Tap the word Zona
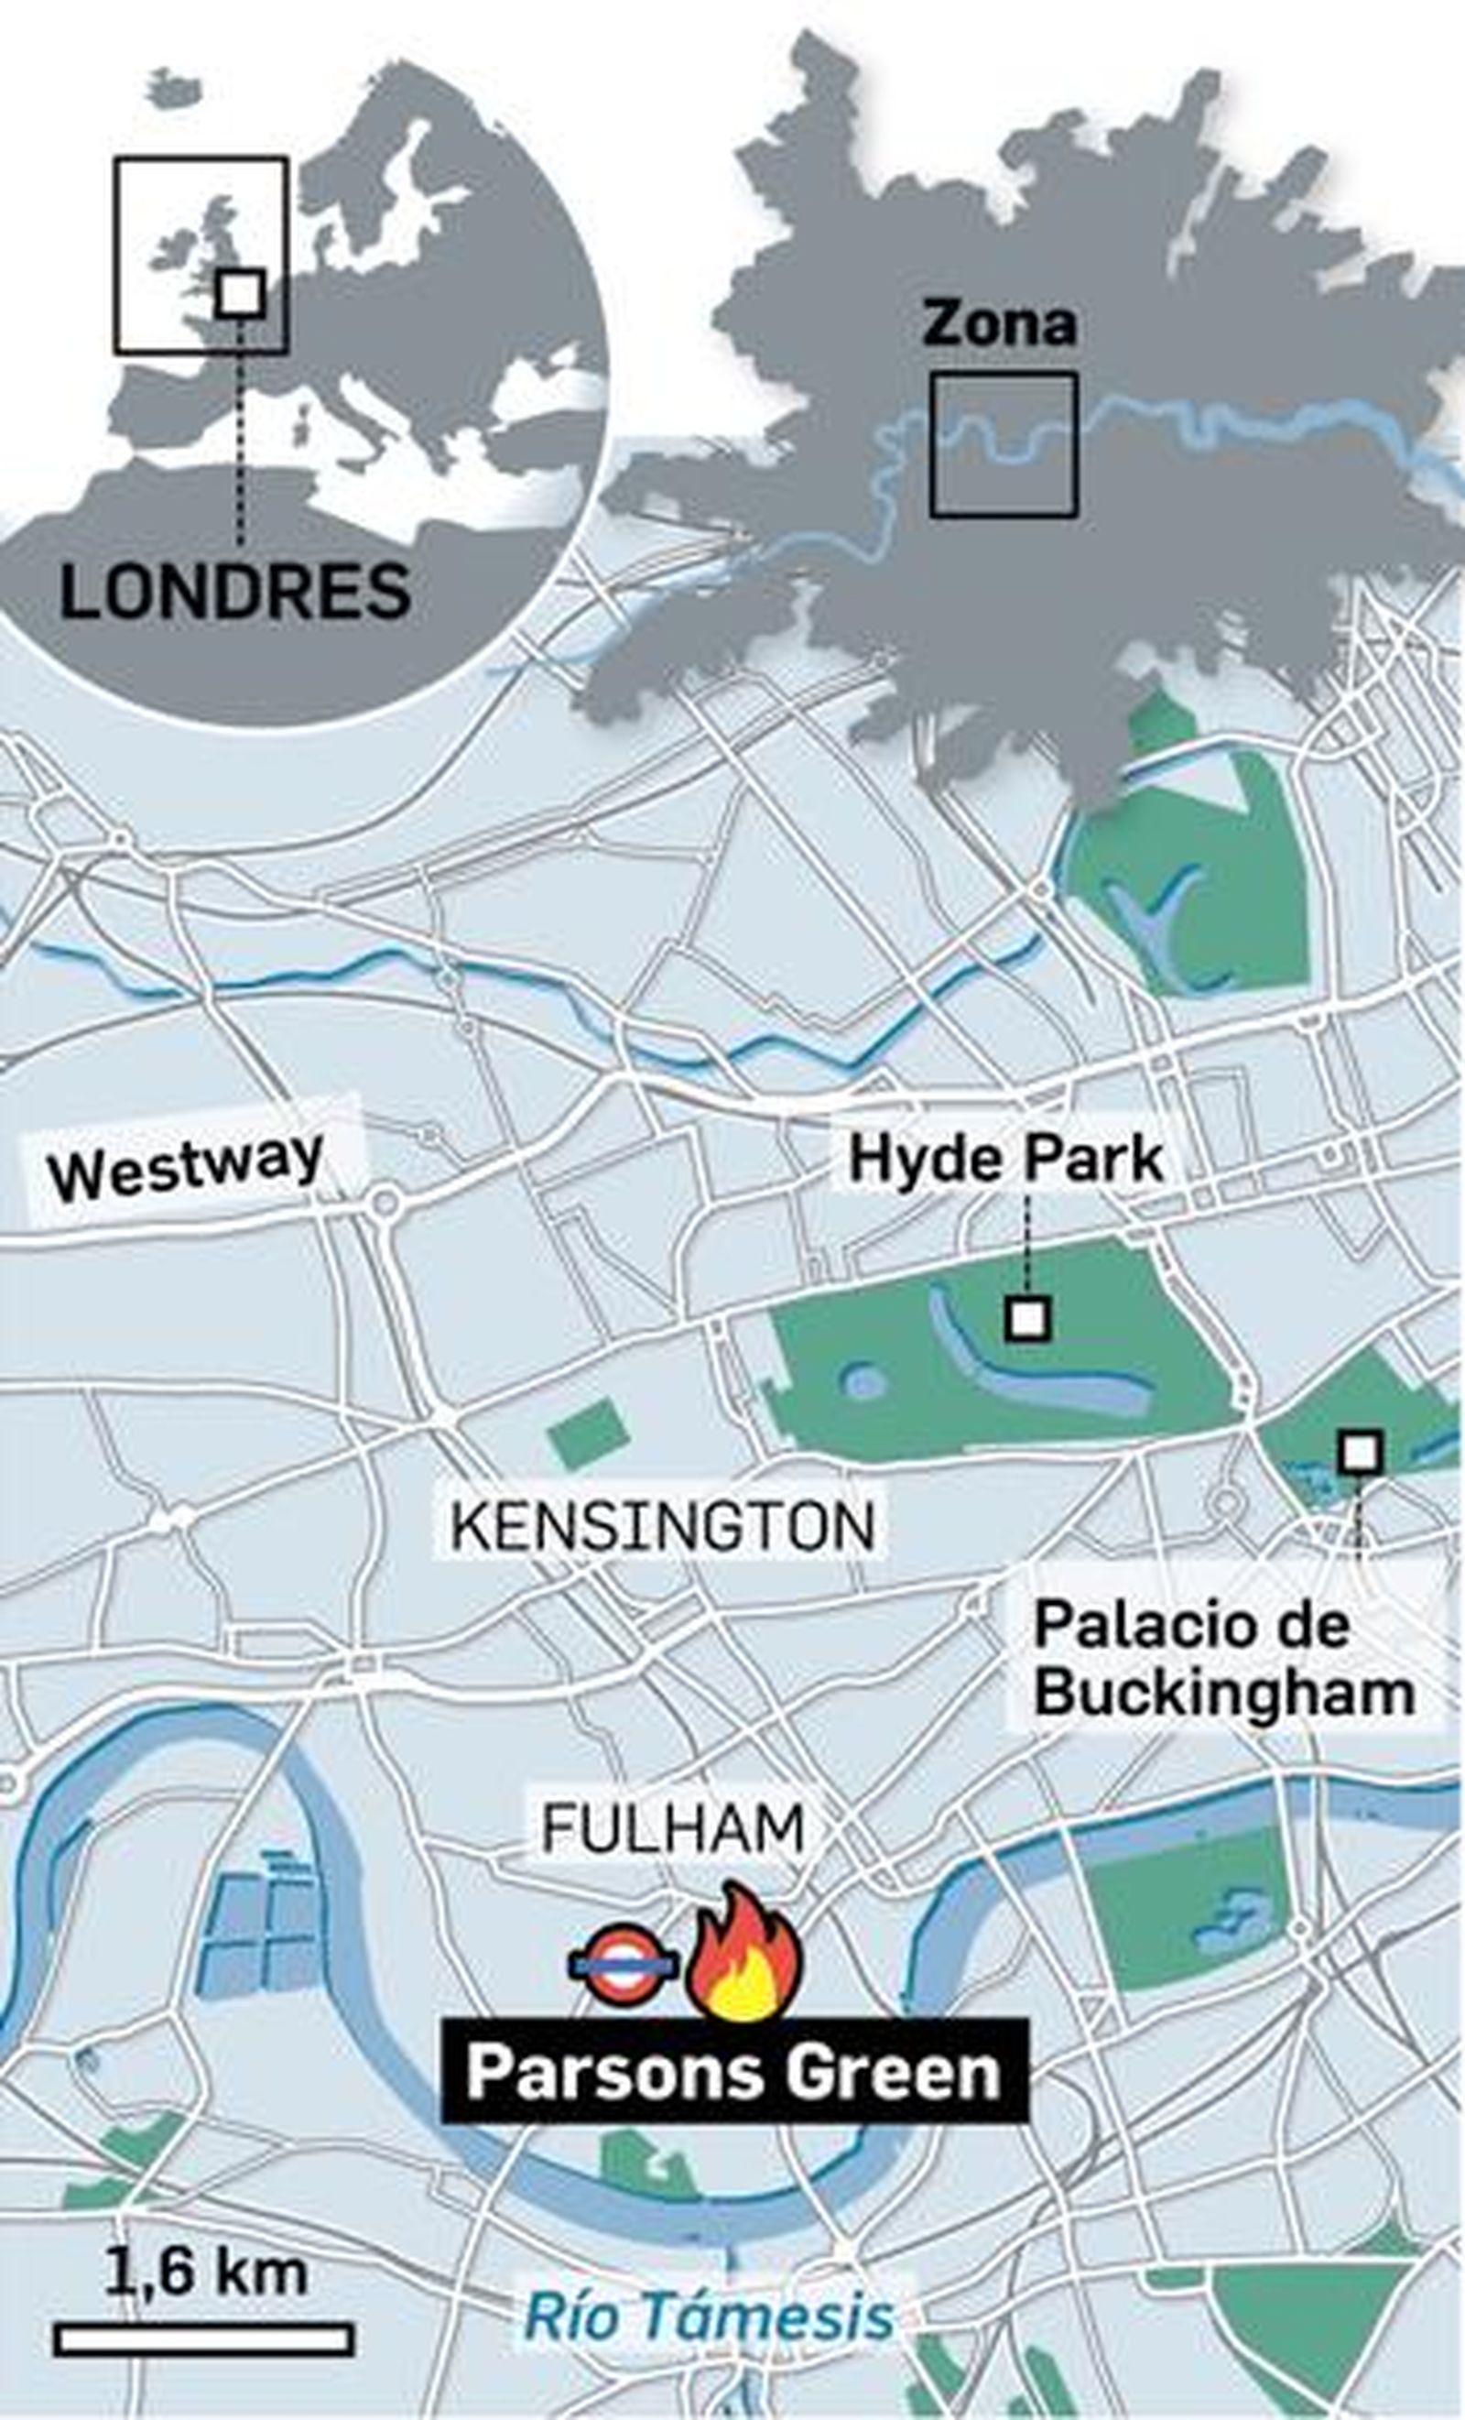999,324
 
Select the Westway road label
187,1165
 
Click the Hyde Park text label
1005,1158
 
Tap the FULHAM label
674,1826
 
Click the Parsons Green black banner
733,2068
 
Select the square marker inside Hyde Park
1028,1318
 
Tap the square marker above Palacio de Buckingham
1361,1452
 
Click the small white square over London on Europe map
240,293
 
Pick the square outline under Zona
1004,445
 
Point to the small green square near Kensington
588,1435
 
